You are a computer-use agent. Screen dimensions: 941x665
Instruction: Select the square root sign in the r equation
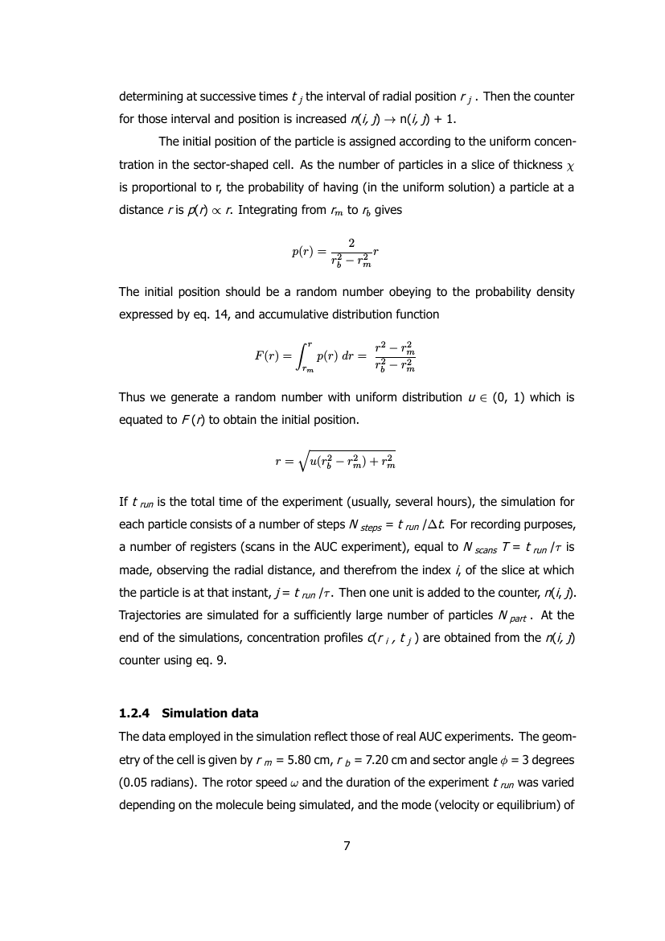[303, 461]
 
